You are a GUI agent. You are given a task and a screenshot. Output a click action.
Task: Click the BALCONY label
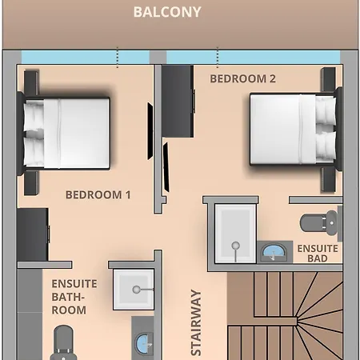(167, 12)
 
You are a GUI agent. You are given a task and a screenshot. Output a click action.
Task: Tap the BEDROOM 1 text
(98, 195)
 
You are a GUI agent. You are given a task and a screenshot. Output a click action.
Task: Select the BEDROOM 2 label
(242, 78)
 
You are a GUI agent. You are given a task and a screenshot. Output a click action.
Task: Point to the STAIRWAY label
(196, 322)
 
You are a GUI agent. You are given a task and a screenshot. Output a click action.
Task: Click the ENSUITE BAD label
(318, 254)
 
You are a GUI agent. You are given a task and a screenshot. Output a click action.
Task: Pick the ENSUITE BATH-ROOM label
(74, 297)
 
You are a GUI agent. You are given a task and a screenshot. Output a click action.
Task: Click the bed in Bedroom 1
(63, 134)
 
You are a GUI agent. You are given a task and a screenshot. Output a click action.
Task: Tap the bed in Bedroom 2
(295, 129)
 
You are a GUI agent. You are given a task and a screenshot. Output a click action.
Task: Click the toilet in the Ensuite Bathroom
(63, 342)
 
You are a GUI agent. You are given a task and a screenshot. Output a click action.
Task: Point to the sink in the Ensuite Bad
(274, 252)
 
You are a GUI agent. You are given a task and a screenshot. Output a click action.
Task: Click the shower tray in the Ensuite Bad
(235, 234)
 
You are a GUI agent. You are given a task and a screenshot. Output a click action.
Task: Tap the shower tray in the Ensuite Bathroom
(134, 290)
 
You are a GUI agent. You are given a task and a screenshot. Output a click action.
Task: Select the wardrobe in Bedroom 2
(178, 101)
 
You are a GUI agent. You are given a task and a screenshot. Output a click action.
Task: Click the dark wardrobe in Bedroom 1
(33, 234)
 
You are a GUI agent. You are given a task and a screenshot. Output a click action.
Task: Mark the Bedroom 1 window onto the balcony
(86, 58)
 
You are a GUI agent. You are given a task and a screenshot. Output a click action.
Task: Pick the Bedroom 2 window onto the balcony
(254, 58)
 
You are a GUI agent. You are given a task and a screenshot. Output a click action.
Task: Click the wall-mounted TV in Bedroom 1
(150, 131)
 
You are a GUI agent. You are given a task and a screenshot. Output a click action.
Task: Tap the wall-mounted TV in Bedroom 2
(166, 167)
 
